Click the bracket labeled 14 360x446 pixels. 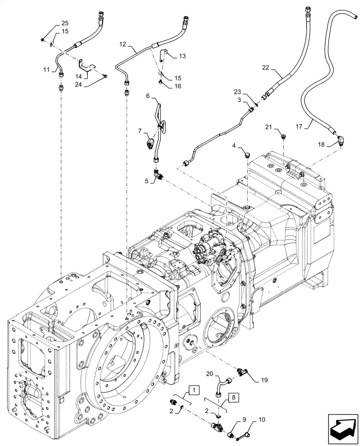point(89,66)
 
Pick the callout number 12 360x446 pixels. point(123,45)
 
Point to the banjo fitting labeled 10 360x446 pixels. point(247,434)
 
